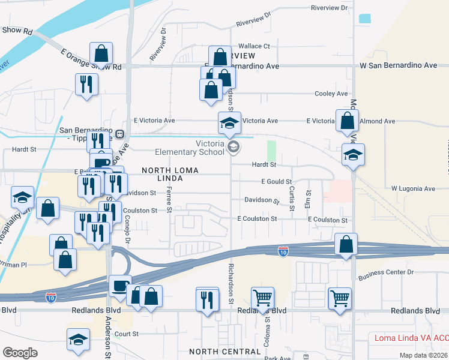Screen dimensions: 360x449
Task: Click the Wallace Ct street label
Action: tap(254, 46)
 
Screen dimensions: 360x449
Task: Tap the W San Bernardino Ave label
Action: tap(398, 65)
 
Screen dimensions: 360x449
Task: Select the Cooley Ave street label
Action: tap(332, 94)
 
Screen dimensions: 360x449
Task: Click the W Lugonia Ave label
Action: tap(412, 188)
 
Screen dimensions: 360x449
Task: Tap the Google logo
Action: tap(20, 352)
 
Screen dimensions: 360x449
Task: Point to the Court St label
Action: tap(127, 334)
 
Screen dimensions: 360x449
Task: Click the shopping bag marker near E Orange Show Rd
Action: tap(101, 54)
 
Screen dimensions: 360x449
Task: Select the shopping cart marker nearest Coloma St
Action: tap(262, 297)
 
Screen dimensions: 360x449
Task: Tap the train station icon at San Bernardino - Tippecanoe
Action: tap(120, 134)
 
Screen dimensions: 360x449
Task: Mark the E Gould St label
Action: tap(276, 182)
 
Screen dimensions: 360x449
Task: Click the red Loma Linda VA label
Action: tap(411, 338)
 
